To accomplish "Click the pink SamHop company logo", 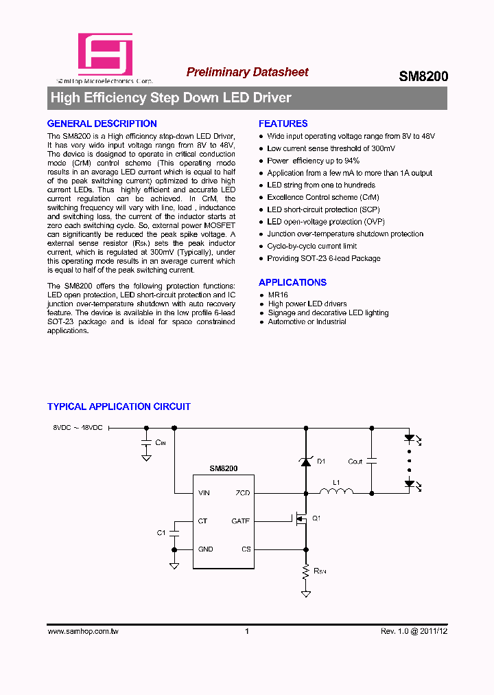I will [105, 54].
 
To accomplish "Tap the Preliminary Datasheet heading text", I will [247, 72].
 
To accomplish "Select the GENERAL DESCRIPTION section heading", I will [102, 124].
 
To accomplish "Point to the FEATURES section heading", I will [283, 124].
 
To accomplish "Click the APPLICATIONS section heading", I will [292, 282].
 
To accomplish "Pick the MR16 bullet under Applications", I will [278, 295].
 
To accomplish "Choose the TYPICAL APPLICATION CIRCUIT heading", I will [119, 407].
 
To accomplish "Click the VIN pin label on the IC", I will [204, 493].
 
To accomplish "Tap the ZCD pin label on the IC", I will [243, 493].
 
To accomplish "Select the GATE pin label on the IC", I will [241, 521].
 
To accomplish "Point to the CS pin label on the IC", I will [246, 549].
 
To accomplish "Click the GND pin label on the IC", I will [205, 549].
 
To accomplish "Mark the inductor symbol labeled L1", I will [336, 491].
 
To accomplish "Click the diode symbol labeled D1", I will [305, 462].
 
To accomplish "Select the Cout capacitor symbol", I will [371, 461].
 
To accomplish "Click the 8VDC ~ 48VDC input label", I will [78, 428].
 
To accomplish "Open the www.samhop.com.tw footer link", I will [82, 631].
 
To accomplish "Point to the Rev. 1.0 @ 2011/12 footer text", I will [414, 631].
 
